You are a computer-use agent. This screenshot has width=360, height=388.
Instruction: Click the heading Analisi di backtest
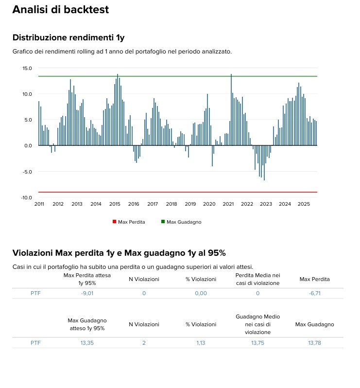[60, 10]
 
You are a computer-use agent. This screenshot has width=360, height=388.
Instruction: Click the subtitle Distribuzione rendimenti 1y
[69, 37]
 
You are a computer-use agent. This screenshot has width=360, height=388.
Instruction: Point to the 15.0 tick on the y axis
[27, 69]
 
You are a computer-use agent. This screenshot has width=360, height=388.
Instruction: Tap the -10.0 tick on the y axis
[26, 197]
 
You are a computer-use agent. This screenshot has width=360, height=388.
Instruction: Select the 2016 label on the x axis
[134, 204]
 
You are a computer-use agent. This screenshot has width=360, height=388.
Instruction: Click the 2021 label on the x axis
[228, 204]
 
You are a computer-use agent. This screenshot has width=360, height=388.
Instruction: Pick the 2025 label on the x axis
[304, 204]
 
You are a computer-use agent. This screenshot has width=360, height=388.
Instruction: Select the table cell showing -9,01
[87, 293]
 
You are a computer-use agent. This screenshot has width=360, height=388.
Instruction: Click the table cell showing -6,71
[314, 293]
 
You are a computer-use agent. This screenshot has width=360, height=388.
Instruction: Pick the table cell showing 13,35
[87, 343]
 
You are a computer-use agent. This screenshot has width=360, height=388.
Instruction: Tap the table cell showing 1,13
[201, 343]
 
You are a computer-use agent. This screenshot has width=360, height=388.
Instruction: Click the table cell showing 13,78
[314, 343]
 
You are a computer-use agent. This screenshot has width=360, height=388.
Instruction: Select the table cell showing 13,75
[257, 343]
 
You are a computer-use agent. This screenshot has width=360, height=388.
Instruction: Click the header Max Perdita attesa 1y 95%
[87, 279]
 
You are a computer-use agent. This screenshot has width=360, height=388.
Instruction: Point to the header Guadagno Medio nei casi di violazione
[257, 324]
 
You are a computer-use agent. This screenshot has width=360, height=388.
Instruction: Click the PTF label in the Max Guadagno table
[35, 343]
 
